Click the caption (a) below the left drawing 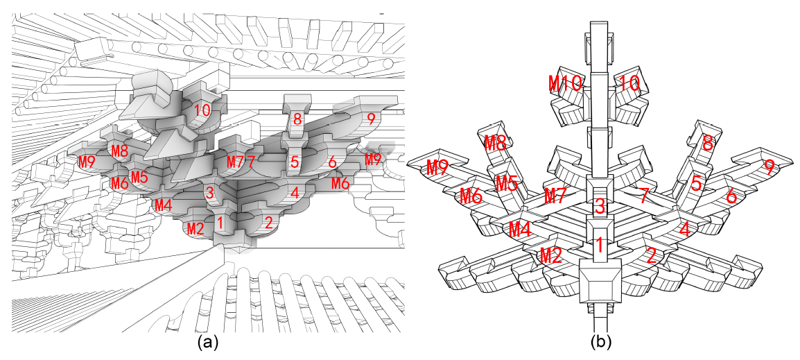[x=209, y=343]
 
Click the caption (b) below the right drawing [x=601, y=343]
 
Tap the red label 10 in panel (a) [x=202, y=110]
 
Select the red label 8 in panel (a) [x=297, y=119]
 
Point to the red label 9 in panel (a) [x=371, y=119]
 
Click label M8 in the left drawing [x=120, y=151]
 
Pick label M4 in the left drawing [x=164, y=205]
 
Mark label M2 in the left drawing [x=195, y=228]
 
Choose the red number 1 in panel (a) [x=220, y=223]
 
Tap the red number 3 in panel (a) [x=209, y=194]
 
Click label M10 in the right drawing [x=565, y=83]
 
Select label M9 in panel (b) [x=437, y=167]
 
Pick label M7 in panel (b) [x=558, y=195]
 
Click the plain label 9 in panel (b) [x=769, y=167]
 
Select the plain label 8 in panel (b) [x=707, y=144]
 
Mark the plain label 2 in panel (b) [x=650, y=255]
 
